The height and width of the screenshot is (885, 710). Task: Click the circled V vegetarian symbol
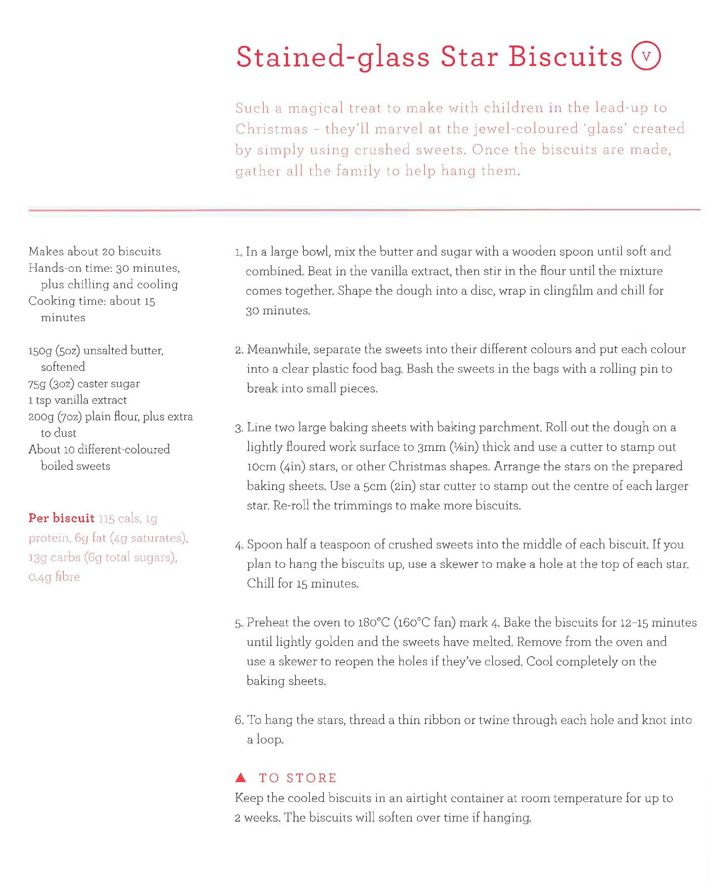646,56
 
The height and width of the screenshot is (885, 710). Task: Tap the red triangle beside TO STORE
241,777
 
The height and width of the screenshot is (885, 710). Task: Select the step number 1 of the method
239,252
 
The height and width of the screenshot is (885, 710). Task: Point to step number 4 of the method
239,545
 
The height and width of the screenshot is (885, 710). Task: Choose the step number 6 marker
239,720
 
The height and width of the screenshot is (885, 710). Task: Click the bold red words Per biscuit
61,518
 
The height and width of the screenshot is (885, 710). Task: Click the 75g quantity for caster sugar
37,384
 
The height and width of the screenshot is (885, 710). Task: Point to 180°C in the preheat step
373,623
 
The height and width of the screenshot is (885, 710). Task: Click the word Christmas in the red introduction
272,129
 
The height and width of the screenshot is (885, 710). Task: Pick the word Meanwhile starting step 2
278,349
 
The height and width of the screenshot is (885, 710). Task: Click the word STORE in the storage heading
311,778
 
